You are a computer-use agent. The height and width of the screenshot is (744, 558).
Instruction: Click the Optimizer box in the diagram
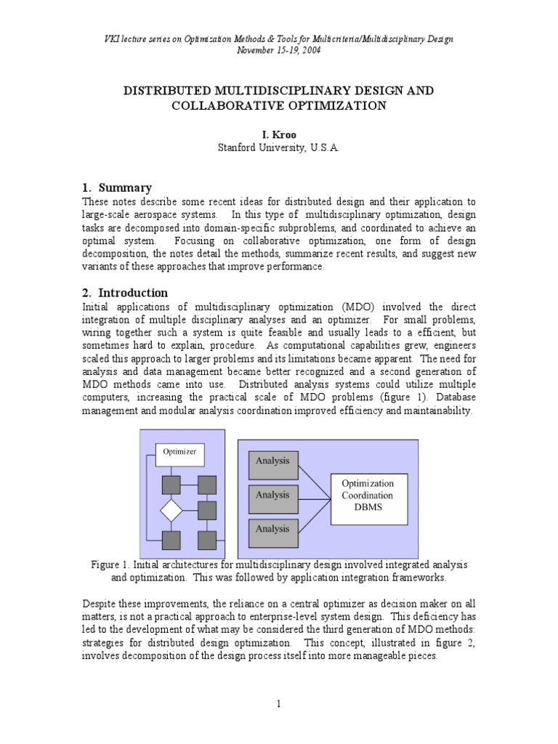(x=180, y=452)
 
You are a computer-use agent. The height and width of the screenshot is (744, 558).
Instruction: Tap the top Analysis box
(x=274, y=461)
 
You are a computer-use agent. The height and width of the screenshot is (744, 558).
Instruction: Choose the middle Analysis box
(x=274, y=496)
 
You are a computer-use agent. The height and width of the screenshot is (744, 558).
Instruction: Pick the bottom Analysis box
(x=274, y=530)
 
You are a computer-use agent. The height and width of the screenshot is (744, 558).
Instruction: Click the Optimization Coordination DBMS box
(x=370, y=496)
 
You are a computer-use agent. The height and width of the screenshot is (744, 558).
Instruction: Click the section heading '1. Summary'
(x=117, y=187)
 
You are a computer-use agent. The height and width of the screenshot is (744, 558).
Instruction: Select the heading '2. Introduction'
(x=126, y=293)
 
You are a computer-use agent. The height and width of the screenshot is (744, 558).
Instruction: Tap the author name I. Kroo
(x=279, y=135)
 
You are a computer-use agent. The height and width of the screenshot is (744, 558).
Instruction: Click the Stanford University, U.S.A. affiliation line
(x=279, y=147)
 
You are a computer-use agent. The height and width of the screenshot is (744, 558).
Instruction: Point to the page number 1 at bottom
(x=279, y=703)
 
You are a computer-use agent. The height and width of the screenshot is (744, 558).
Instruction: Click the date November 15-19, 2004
(x=279, y=50)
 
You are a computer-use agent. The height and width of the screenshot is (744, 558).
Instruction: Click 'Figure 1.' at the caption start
(x=110, y=565)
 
